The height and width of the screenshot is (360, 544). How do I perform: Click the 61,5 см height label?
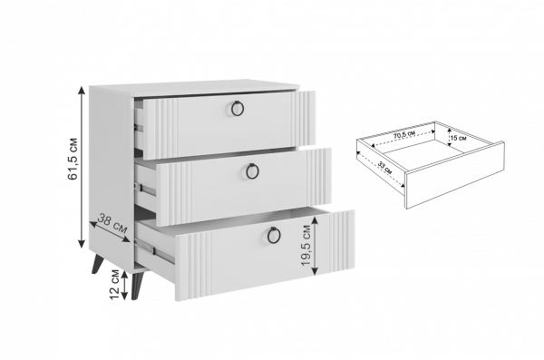pos(73,159)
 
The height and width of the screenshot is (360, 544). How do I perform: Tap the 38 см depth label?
pos(112,224)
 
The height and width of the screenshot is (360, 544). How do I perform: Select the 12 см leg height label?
pos(114,285)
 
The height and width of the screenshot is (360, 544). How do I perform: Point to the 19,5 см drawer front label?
pos(306,245)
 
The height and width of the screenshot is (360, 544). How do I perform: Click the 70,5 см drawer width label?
pos(404,135)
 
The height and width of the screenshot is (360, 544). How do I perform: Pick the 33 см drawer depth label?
pos(384,168)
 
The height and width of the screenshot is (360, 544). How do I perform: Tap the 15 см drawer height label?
pos(458,138)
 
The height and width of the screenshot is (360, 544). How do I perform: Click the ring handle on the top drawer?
pos(238,108)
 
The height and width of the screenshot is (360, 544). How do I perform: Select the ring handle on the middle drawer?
pos(252,171)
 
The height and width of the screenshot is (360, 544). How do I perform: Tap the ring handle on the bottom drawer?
pos(274,235)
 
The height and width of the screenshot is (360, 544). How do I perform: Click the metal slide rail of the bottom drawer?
pos(154,250)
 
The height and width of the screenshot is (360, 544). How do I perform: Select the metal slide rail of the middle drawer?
pos(145,190)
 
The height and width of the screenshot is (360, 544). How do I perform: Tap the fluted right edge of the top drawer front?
pos(306,119)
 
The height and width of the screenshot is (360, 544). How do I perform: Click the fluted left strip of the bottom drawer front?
pos(199,266)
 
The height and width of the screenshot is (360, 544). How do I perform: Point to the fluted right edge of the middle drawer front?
pos(318,177)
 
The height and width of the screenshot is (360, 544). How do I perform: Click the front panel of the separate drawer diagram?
pos(455,175)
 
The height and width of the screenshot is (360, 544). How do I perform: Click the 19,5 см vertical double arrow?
pos(315,245)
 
